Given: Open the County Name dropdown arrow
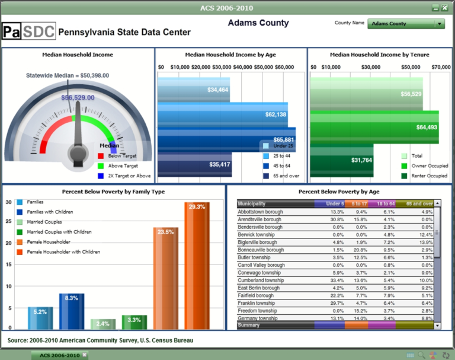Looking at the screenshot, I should pyautogui.click(x=439, y=24).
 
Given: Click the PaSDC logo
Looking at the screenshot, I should pyautogui.click(x=28, y=31).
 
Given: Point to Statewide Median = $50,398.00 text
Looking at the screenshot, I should pyautogui.click(x=68, y=75).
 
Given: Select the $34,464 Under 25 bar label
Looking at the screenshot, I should pyautogui.click(x=218, y=90).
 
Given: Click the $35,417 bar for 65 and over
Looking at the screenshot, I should pyautogui.click(x=219, y=164).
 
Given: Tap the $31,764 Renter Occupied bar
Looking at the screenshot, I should pyautogui.click(x=361, y=160).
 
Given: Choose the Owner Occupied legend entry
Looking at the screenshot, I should pyautogui.click(x=424, y=167).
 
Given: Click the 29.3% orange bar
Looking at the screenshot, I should pyautogui.click(x=197, y=267).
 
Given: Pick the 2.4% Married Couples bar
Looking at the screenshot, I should pyautogui.click(x=103, y=324).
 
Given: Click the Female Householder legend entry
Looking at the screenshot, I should pyautogui.click(x=49, y=242).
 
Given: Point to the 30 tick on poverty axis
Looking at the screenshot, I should pyautogui.click(x=9, y=202).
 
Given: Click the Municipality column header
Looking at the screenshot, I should pyautogui.click(x=252, y=203).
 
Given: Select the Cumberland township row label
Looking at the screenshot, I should pyautogui.click(x=261, y=281).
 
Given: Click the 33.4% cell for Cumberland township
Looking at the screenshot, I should pyautogui.click(x=337, y=281).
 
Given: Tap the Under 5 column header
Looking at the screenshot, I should pyautogui.click(x=335, y=203).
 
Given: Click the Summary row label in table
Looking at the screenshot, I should pyautogui.click(x=249, y=325).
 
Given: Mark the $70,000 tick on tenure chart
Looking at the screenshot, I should pyautogui.click(x=441, y=67).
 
